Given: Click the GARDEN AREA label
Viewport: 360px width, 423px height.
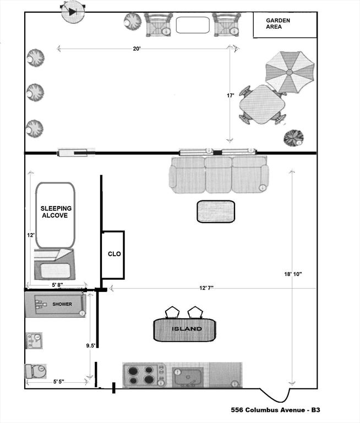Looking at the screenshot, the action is (278, 24).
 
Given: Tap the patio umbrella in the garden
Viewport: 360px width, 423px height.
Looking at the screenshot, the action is (290, 72).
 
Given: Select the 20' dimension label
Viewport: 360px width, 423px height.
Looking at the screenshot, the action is (137, 48).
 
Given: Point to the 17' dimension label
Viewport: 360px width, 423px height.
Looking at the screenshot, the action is (230, 95).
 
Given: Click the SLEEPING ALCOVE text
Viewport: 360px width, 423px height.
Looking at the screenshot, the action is (56, 211).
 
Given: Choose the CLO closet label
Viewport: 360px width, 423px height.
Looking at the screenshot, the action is (114, 254).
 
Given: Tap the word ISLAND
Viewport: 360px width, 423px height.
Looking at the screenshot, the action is (187, 329).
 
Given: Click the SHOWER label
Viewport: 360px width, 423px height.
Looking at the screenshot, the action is (62, 304).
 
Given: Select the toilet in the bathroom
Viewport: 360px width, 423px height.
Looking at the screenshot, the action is (36, 371).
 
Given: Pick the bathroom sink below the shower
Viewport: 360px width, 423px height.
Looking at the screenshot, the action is (34, 341).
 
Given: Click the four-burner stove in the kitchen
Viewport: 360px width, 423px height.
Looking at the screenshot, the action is (145, 375).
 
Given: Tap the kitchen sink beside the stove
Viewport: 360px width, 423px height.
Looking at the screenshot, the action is (188, 376).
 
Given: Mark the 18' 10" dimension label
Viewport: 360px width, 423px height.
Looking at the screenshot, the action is (293, 274).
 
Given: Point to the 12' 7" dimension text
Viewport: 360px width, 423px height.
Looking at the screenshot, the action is (206, 288).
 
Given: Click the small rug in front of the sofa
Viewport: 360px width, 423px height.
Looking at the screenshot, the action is (216, 211).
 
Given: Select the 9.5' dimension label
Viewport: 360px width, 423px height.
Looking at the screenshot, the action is (91, 345).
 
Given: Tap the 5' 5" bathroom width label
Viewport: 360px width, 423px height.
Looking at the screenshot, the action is (58, 382).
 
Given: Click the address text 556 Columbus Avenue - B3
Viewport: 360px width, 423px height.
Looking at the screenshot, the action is (275, 410).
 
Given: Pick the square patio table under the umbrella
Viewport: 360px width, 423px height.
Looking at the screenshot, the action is (262, 105).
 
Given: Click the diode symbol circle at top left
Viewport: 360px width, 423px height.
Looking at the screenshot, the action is (73, 12).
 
